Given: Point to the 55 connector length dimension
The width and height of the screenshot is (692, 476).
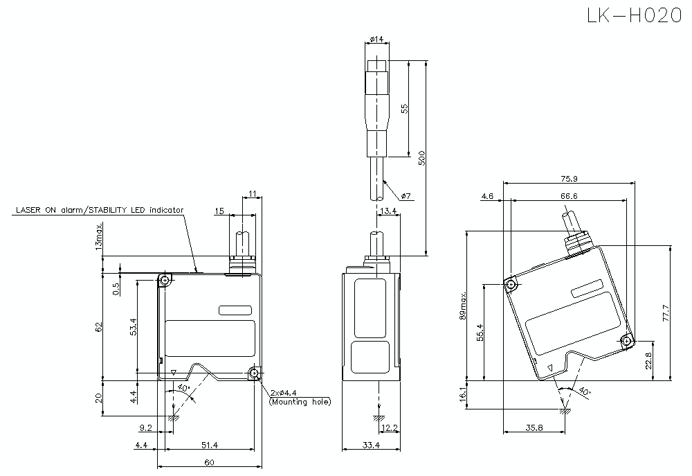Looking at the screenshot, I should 405,109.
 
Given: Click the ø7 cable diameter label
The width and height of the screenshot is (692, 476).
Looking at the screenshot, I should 406,197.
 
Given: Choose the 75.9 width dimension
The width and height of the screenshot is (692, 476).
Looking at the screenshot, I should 569,178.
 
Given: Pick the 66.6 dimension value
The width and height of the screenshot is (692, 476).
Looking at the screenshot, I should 569,196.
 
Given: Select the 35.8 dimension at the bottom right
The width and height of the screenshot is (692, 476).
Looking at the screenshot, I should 534,428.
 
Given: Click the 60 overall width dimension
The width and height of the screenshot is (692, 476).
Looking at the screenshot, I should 208,462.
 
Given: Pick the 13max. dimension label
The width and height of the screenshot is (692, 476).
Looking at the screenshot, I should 100,236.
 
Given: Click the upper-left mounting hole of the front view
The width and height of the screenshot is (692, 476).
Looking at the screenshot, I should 165,281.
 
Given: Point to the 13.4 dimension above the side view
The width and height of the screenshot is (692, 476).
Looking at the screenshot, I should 389,210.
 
